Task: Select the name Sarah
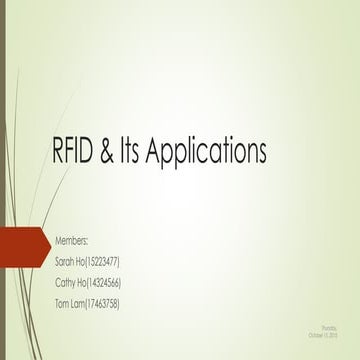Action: (68, 261)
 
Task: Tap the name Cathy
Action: (68, 282)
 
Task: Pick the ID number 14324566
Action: (107, 282)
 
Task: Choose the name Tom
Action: (64, 303)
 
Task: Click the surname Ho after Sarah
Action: (87, 261)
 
